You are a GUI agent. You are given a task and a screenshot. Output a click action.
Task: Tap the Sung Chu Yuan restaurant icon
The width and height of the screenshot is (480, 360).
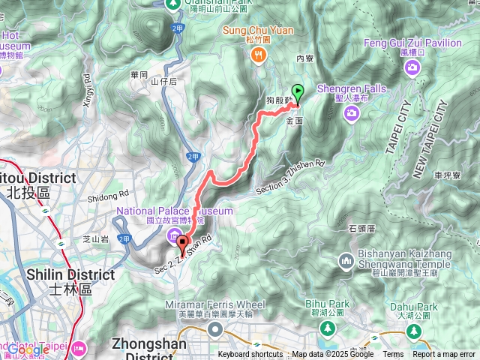point(258,53)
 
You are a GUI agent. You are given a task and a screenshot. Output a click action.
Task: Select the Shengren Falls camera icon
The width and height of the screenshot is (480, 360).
point(352,112)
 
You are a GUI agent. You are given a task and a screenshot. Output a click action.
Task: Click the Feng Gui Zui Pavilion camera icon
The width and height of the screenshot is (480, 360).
point(412,69)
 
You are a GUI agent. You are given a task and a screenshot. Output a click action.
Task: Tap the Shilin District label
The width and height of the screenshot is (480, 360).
point(71,274)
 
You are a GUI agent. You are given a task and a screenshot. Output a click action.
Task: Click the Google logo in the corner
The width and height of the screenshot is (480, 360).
point(28,349)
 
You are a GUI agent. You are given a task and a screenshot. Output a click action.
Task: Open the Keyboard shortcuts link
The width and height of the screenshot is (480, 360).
point(250,355)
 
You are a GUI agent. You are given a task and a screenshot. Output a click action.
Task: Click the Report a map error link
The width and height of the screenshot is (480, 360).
point(444,355)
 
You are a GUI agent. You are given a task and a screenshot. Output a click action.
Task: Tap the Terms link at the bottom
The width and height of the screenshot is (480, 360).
point(393,355)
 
